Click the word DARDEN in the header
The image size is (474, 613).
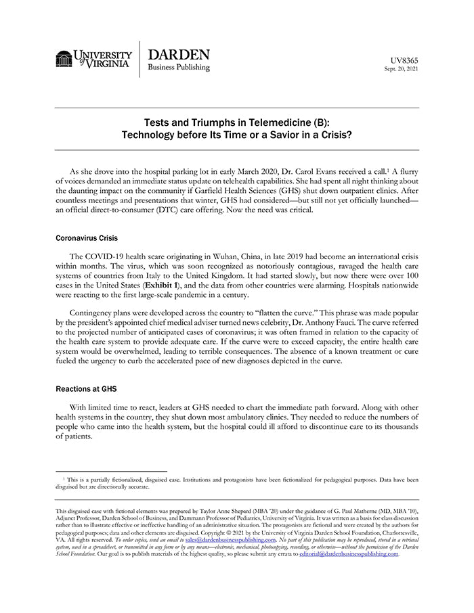(x=179, y=55)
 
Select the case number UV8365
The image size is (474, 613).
(x=405, y=60)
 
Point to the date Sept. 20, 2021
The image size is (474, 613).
(x=402, y=69)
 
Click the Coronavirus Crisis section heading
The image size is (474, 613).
(x=86, y=238)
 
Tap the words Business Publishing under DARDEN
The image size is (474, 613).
(x=179, y=68)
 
